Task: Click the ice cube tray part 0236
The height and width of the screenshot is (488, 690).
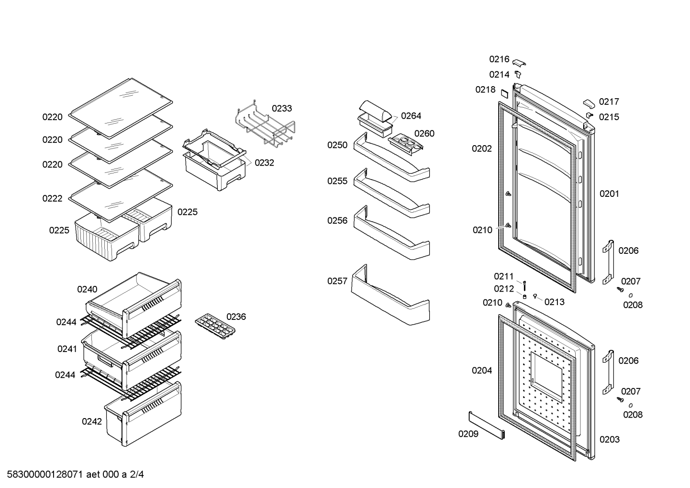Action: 215,327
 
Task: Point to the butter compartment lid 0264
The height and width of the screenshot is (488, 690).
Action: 376,111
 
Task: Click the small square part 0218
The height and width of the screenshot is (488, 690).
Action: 504,93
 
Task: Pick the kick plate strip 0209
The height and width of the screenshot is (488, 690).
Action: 487,425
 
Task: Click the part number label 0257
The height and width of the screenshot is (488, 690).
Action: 337,281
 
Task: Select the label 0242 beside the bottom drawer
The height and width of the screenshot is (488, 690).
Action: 92,421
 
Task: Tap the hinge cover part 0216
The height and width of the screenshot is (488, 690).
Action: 519,63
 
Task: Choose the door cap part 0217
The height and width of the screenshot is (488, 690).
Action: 589,104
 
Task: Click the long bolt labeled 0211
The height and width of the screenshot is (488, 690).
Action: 524,286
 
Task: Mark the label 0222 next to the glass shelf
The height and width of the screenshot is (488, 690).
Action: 52,198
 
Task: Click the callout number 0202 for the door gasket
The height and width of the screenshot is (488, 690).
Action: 482,148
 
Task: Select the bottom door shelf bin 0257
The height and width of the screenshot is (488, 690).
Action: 390,295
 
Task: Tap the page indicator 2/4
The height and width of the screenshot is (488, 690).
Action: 137,474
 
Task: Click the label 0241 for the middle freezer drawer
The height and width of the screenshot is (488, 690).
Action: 67,349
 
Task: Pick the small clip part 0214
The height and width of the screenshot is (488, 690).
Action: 518,74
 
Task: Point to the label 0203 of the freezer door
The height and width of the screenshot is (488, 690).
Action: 609,439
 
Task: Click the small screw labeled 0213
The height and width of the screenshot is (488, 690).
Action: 535,296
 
